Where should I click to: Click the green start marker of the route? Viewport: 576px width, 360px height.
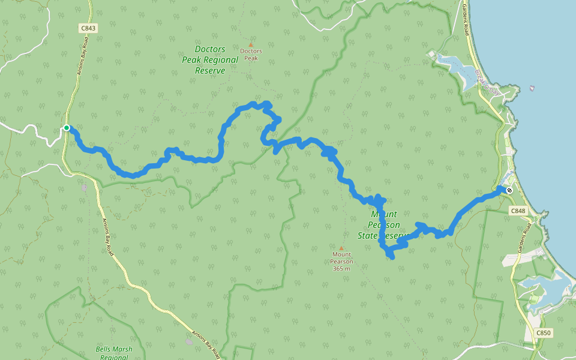pos(67,128)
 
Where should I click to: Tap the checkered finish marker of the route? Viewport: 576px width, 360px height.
pos(509,190)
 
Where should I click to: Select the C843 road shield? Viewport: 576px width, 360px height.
pos(86,28)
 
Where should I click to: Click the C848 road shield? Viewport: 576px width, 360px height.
pos(518,211)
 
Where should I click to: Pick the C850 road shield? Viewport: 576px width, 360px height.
pos(543,332)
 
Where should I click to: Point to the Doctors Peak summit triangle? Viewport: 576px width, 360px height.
pos(251,44)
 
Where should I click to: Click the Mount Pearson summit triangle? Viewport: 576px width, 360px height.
pos(341,248)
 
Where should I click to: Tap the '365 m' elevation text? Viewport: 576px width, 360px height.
pos(341,268)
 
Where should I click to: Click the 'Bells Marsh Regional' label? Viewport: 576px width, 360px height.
pos(114,353)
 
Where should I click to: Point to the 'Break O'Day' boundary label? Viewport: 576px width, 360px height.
pos(487,83)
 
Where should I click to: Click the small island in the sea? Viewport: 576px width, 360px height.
pos(532,89)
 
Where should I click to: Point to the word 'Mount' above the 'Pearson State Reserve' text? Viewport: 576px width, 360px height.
pos(384,214)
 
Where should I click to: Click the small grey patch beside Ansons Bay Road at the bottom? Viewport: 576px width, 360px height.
pos(190,341)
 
